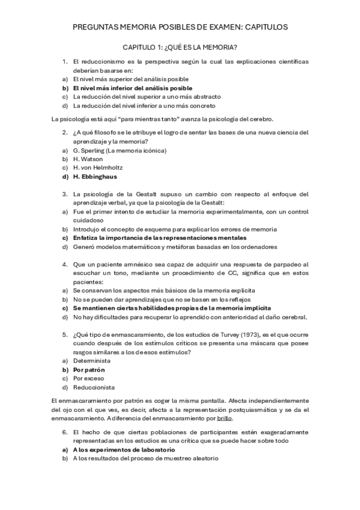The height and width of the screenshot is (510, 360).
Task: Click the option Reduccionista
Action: tap(93, 387)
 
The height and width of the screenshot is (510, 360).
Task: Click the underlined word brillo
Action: tap(224, 418)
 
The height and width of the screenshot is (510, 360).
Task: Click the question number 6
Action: tap(64, 432)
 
